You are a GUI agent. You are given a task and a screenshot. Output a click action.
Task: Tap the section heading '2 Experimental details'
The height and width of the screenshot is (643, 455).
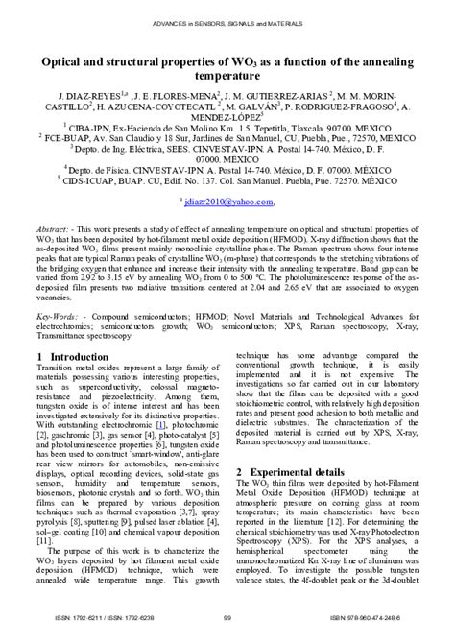pos(295,473)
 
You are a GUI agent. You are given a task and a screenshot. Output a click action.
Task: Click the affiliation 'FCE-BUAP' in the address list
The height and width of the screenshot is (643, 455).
pos(89,137)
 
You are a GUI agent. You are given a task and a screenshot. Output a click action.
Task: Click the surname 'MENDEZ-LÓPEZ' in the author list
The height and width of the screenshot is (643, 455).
pos(227,121)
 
